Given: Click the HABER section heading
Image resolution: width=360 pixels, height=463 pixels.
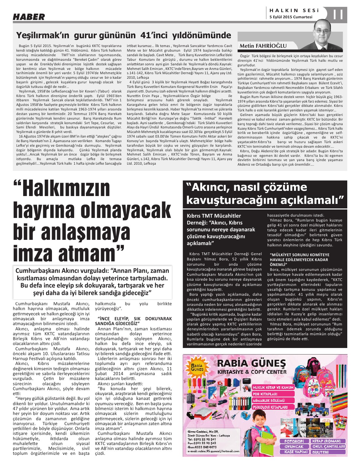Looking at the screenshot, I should pos(29,17).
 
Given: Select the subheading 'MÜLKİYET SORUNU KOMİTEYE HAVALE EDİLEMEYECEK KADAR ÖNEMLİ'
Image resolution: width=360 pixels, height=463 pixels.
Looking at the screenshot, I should pos(295,259).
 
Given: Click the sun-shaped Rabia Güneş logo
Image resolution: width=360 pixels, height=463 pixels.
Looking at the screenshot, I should pos(197,367).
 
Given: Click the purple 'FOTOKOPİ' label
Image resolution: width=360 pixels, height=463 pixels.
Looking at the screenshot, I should pos(294,441).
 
